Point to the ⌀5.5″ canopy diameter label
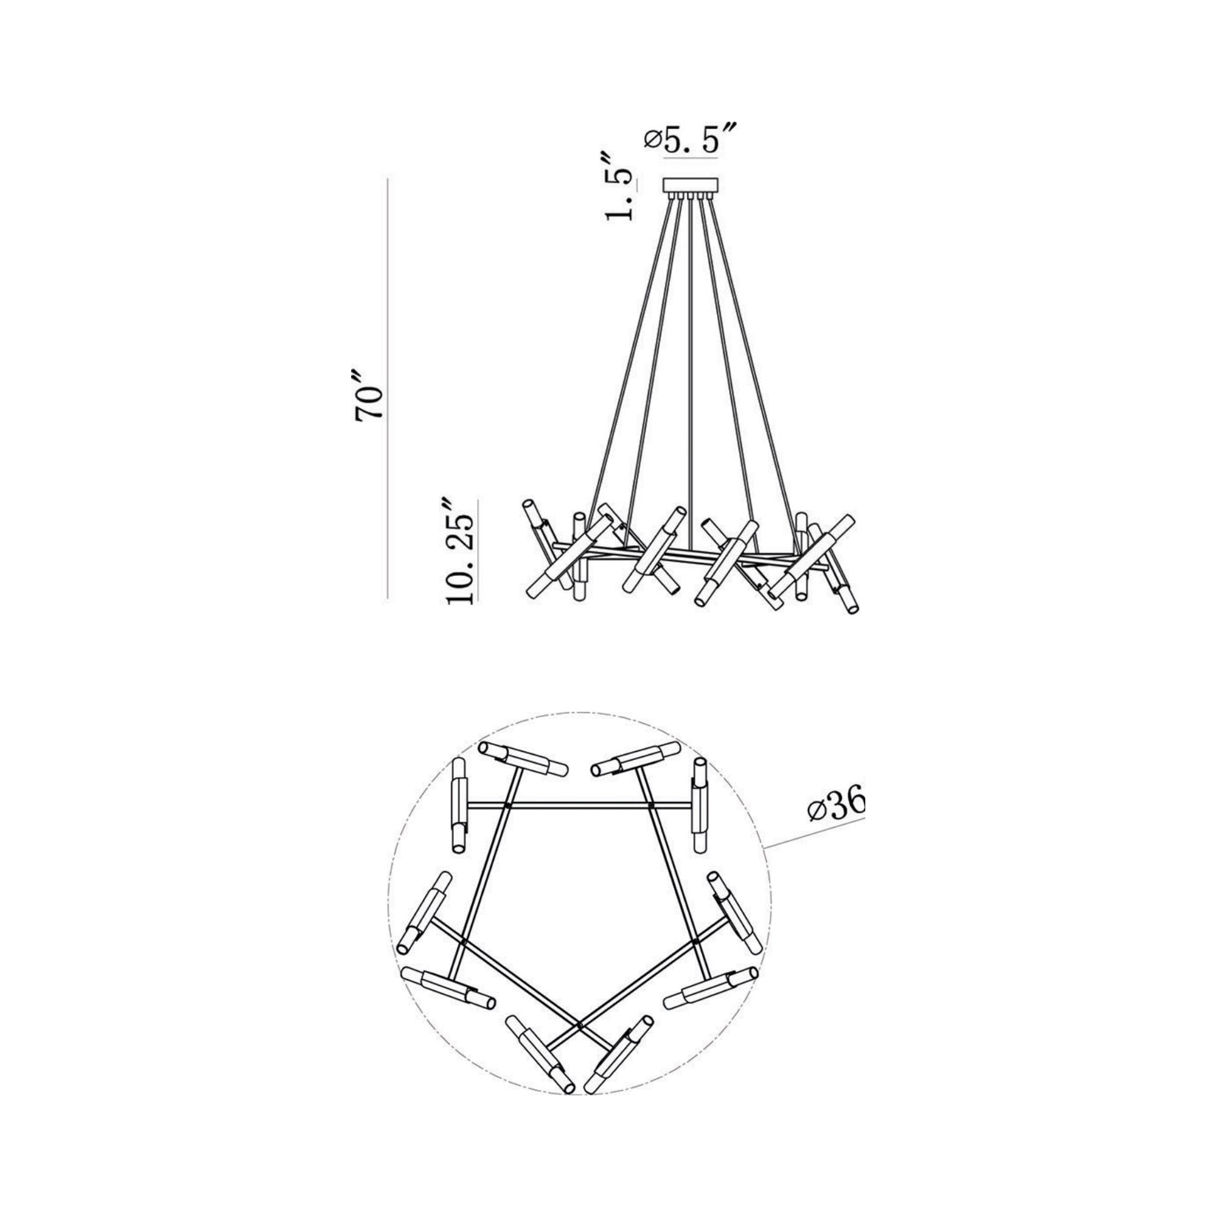(x=691, y=141)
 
